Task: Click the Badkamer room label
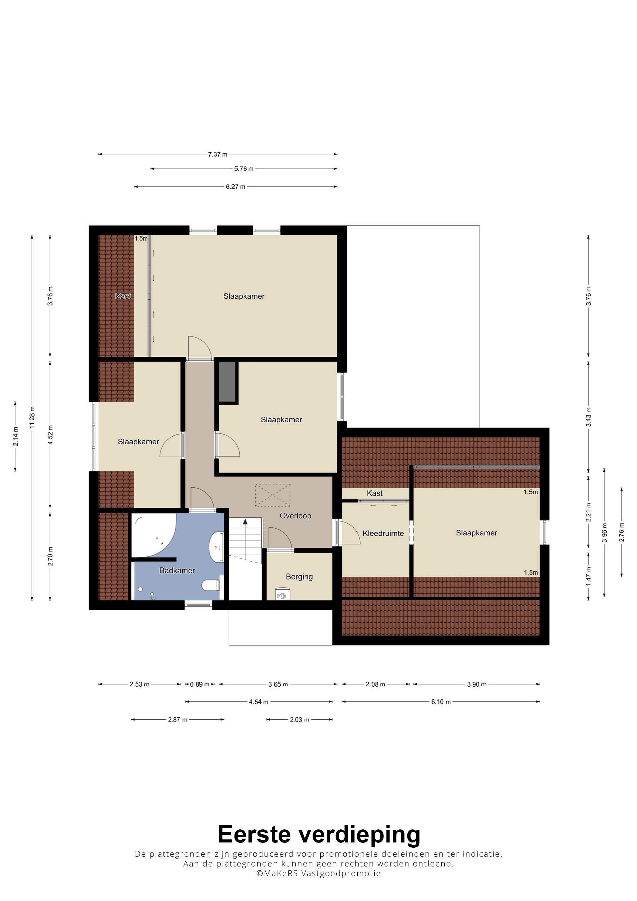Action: tap(177, 570)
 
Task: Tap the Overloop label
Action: tap(295, 516)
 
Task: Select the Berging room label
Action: tap(299, 577)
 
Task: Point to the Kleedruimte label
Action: tap(383, 533)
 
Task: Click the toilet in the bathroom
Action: tap(211, 586)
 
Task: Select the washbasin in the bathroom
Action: tap(216, 547)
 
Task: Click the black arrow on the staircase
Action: tap(245, 522)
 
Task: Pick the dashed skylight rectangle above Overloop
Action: tap(273, 495)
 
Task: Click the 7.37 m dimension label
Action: tap(218, 155)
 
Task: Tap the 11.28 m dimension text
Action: tap(32, 418)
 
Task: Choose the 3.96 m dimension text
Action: tap(605, 533)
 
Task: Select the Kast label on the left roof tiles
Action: tap(123, 296)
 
